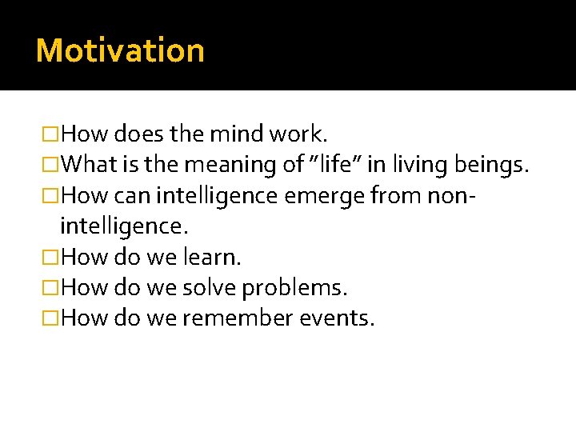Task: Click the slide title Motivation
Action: pos(120,50)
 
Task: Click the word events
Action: pos(337,319)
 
